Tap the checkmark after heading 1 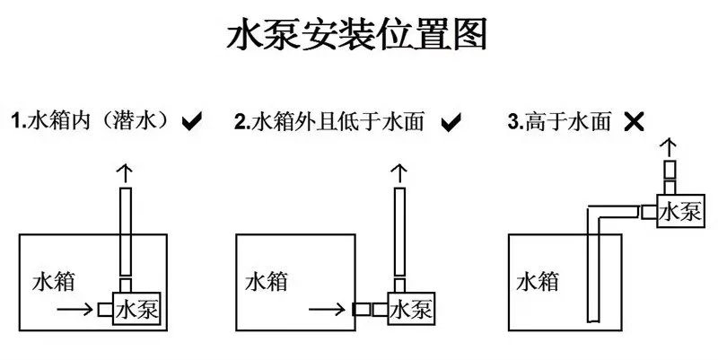[x=191, y=121]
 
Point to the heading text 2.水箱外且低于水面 [x=336, y=121]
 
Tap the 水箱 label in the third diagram [x=537, y=280]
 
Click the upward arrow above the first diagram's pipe [x=127, y=171]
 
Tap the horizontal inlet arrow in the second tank [x=327, y=310]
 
